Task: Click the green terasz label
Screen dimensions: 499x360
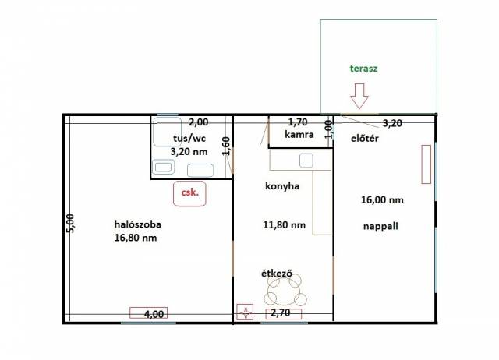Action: tap(364, 69)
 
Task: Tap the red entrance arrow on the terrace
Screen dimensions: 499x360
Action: tap(359, 96)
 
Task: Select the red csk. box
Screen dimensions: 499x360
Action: tap(189, 193)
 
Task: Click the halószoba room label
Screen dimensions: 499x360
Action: tap(137, 224)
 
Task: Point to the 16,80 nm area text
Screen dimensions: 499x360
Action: tap(136, 238)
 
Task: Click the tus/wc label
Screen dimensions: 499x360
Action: tap(189, 139)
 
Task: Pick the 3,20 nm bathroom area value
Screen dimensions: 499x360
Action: tap(189, 152)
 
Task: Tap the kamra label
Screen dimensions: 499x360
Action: tap(299, 135)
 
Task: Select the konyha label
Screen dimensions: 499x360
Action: tap(282, 186)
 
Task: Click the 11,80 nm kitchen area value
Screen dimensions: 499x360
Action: tap(284, 225)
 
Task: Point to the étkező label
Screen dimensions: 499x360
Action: tap(277, 274)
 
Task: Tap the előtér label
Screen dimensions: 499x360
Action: tap(365, 139)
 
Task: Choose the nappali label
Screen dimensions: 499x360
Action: tap(380, 226)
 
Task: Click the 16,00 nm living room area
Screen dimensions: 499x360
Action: tap(382, 200)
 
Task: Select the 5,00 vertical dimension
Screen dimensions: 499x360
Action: tap(71, 224)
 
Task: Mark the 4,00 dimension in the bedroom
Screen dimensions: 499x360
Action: tap(154, 314)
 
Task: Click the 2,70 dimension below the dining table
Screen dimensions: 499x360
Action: tap(281, 313)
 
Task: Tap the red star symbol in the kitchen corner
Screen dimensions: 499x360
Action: tap(245, 312)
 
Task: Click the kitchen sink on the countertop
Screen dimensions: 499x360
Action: tap(306, 161)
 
